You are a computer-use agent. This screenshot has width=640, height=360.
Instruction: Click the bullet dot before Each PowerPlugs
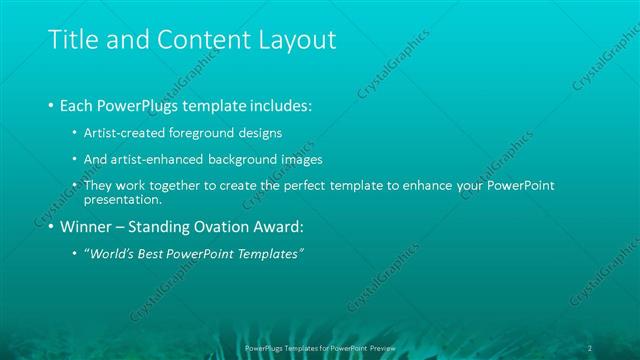(x=51, y=105)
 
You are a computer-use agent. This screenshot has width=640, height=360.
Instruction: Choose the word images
(x=318, y=159)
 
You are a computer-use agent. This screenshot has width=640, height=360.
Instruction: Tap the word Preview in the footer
(x=379, y=347)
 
